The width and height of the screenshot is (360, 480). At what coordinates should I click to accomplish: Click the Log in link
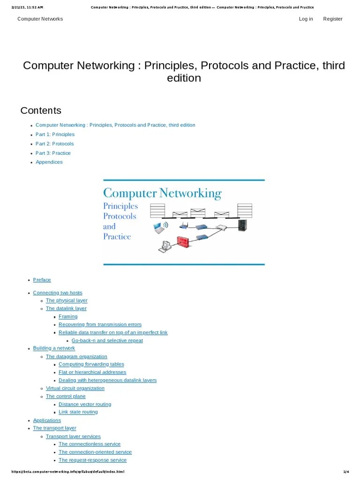[x=306, y=19]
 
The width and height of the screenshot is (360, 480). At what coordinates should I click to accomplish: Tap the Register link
[x=333, y=19]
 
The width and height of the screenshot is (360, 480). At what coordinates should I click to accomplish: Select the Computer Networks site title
[x=40, y=19]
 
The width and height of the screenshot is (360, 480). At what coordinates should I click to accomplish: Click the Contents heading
[x=41, y=111]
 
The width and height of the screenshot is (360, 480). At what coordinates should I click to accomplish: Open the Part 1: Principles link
[x=55, y=135]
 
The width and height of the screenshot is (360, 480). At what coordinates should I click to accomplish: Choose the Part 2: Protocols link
[x=54, y=144]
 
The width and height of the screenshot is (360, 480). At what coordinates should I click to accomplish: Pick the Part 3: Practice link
[x=53, y=153]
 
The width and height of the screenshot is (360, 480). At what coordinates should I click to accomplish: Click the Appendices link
[x=49, y=162]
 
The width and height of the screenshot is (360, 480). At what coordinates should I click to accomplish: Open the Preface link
[x=42, y=280]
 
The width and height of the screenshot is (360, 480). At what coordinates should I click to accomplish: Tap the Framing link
[x=68, y=316]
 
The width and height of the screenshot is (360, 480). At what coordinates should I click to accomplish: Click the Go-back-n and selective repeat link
[x=107, y=340]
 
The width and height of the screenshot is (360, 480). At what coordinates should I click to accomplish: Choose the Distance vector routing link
[x=85, y=404]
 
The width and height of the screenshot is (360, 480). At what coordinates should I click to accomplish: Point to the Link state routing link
[x=78, y=412]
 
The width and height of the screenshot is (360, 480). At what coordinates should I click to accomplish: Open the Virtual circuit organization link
[x=75, y=388]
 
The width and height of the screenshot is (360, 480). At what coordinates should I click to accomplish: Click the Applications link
[x=47, y=420]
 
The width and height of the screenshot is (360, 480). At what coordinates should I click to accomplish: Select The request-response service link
[x=93, y=460]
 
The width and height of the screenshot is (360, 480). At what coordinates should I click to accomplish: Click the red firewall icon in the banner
[x=182, y=242]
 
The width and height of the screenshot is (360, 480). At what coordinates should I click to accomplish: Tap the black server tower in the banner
[x=242, y=225]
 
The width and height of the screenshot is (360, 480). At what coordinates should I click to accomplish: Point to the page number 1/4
[x=346, y=472]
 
